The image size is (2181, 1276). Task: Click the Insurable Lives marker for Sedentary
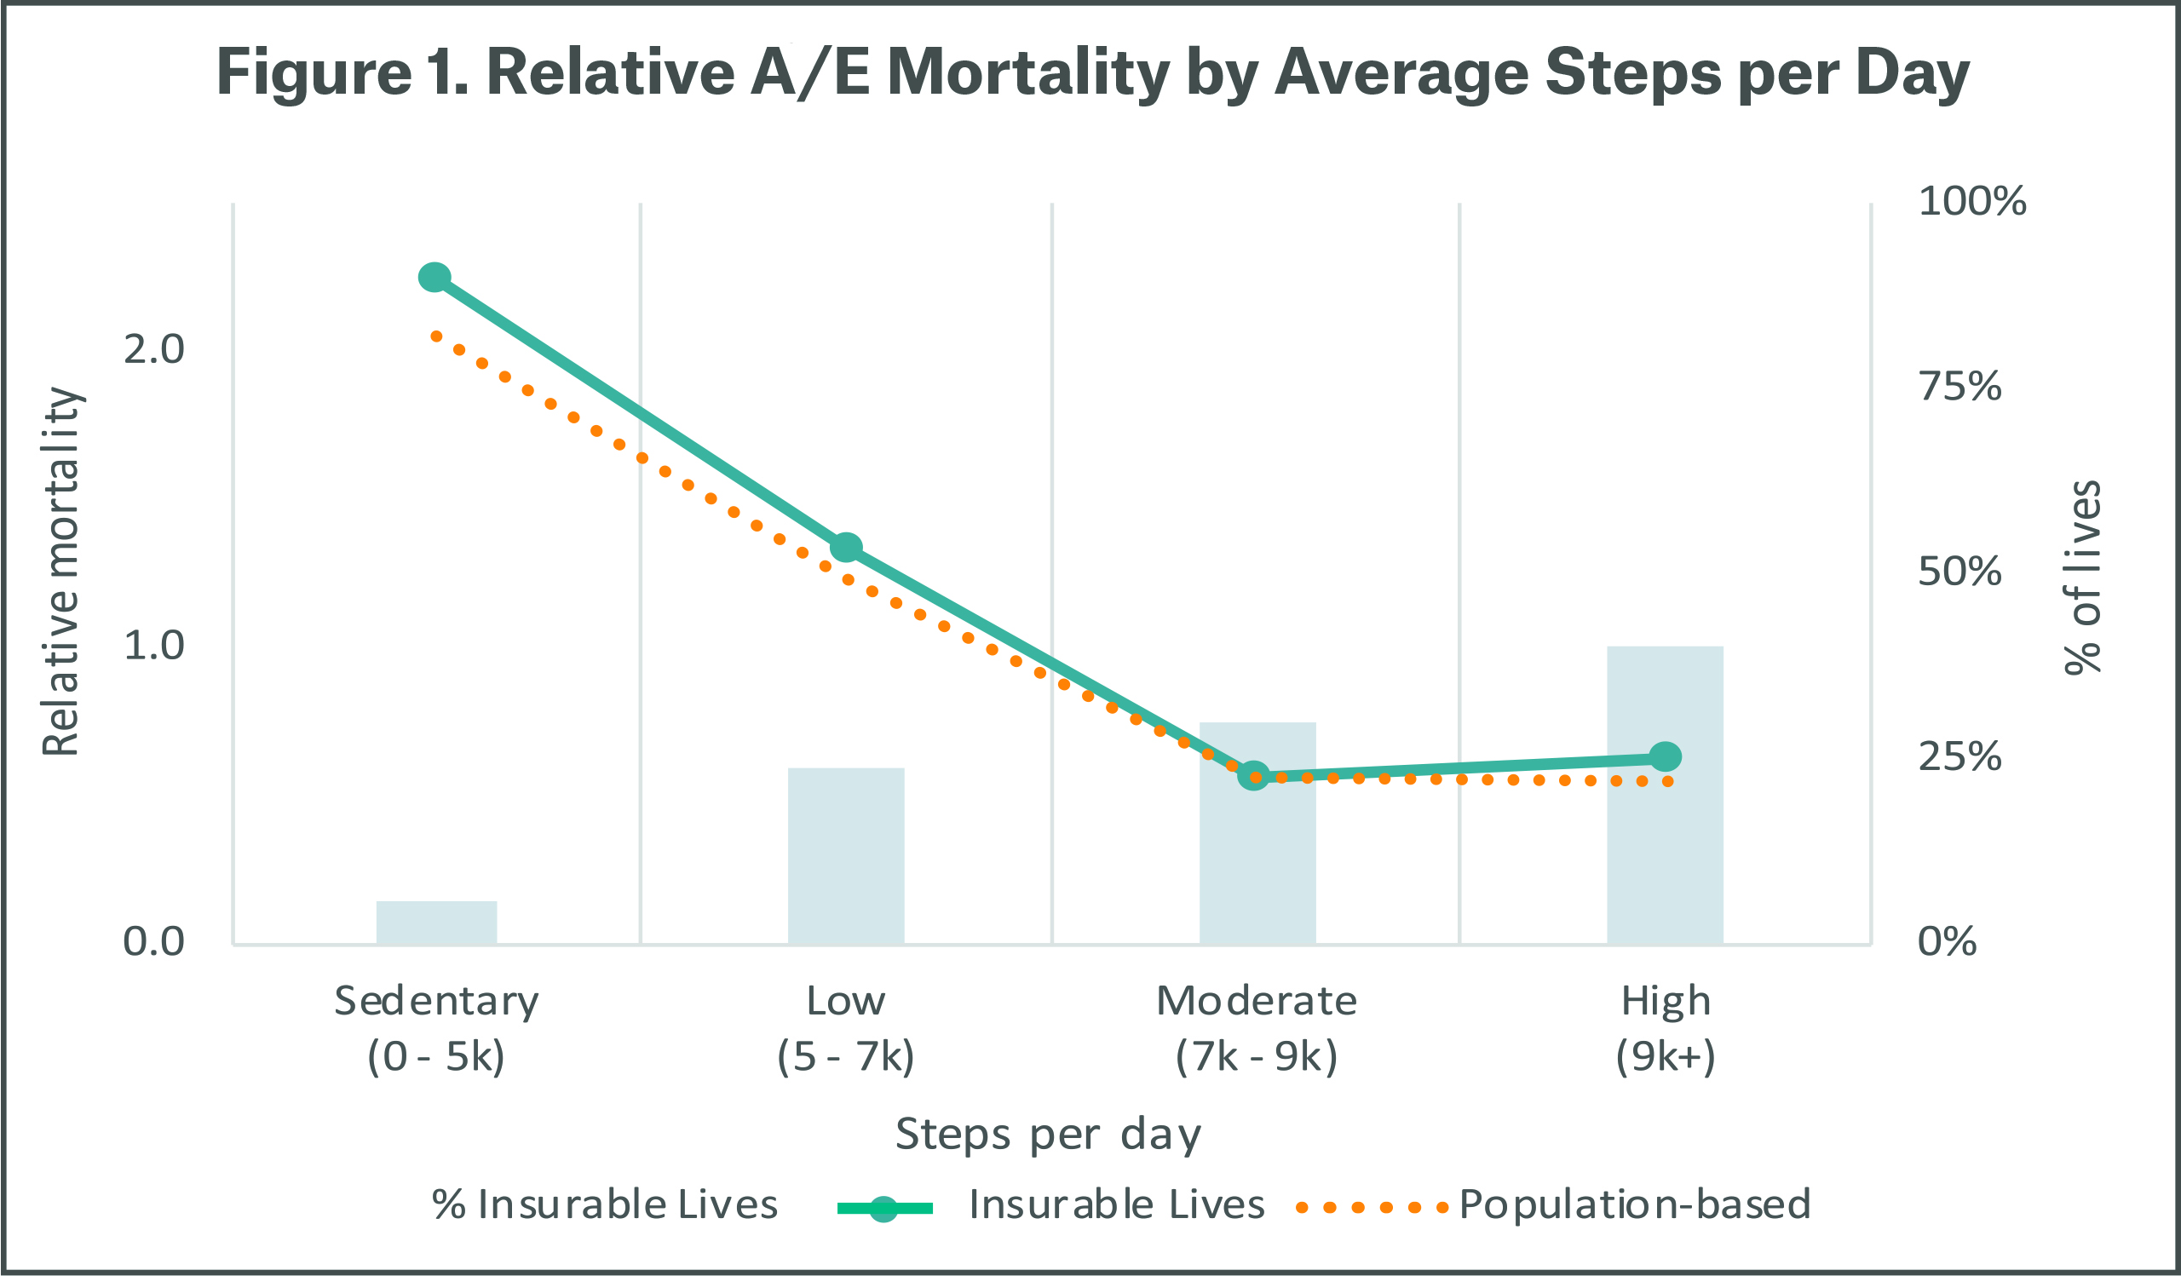(434, 277)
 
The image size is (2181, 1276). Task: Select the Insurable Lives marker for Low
(847, 547)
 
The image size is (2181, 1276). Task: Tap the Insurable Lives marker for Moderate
(1254, 776)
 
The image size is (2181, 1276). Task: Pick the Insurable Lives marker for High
(1666, 757)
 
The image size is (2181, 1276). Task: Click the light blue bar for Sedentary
(436, 923)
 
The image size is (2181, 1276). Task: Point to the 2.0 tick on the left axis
(154, 349)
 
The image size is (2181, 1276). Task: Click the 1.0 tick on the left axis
(154, 646)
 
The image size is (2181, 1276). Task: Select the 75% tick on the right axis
(1960, 386)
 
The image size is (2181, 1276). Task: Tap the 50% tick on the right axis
(1960, 571)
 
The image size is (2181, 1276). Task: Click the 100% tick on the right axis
(1971, 201)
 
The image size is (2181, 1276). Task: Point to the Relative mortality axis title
(62, 571)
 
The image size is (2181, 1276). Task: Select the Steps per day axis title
(1048, 1134)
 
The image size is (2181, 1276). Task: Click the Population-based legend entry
(1634, 1204)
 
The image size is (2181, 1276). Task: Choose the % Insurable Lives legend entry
(605, 1204)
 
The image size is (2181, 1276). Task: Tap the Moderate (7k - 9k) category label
(1257, 1028)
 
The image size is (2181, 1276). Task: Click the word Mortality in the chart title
(1028, 72)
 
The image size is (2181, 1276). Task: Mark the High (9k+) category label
(1666, 1028)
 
